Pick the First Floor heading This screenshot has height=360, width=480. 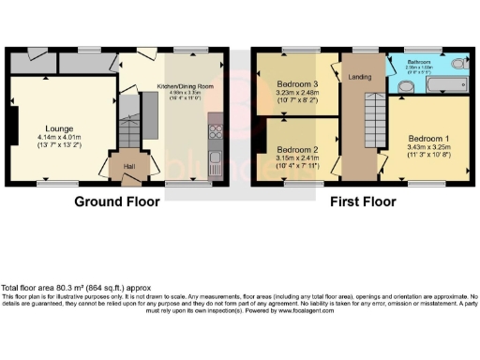pos(361,201)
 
